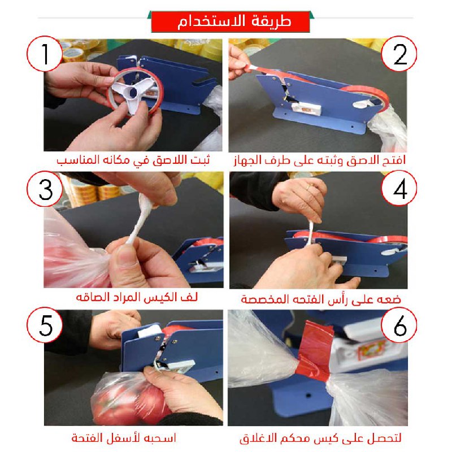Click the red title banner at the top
(231, 21)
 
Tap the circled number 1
(45, 54)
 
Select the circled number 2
(399, 54)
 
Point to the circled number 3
(45, 189)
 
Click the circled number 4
(399, 188)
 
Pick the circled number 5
(45, 325)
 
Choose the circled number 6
(399, 325)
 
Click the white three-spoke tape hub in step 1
(133, 93)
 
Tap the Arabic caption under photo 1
(133, 160)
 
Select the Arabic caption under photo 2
(320, 160)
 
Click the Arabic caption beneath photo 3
(137, 297)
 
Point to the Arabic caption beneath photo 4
(321, 299)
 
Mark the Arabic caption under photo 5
(124, 438)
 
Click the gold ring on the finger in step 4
(308, 188)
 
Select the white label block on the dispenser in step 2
(306, 109)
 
